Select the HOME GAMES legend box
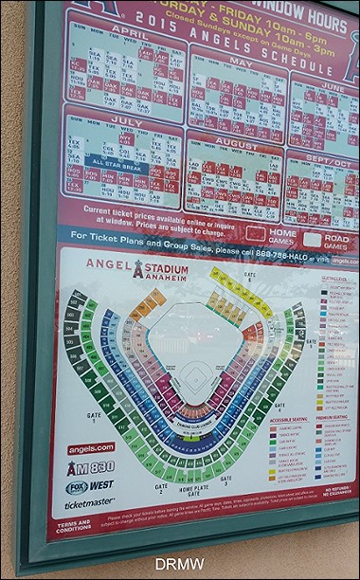click(256, 232)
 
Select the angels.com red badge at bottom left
click(91, 448)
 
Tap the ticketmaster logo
click(89, 505)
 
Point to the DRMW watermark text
click(179, 565)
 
